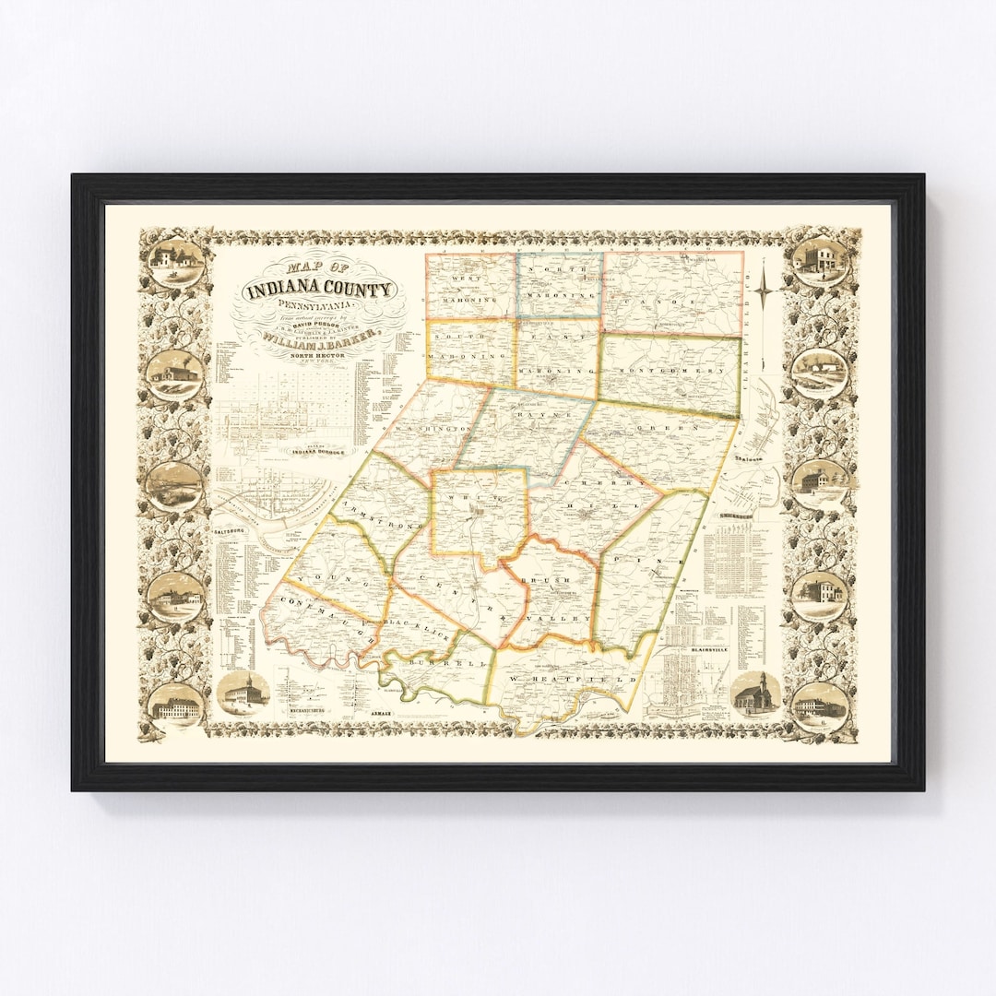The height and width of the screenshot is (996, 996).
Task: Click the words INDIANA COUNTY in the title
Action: [x=320, y=290]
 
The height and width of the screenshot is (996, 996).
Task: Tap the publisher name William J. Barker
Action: [x=317, y=338]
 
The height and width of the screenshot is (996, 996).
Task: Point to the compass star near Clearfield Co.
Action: [x=765, y=294]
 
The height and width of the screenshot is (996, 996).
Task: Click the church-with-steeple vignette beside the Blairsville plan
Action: [x=755, y=694]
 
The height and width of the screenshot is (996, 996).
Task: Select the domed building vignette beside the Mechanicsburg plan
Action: [x=244, y=692]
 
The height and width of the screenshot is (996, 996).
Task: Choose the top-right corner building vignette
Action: [x=819, y=259]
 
